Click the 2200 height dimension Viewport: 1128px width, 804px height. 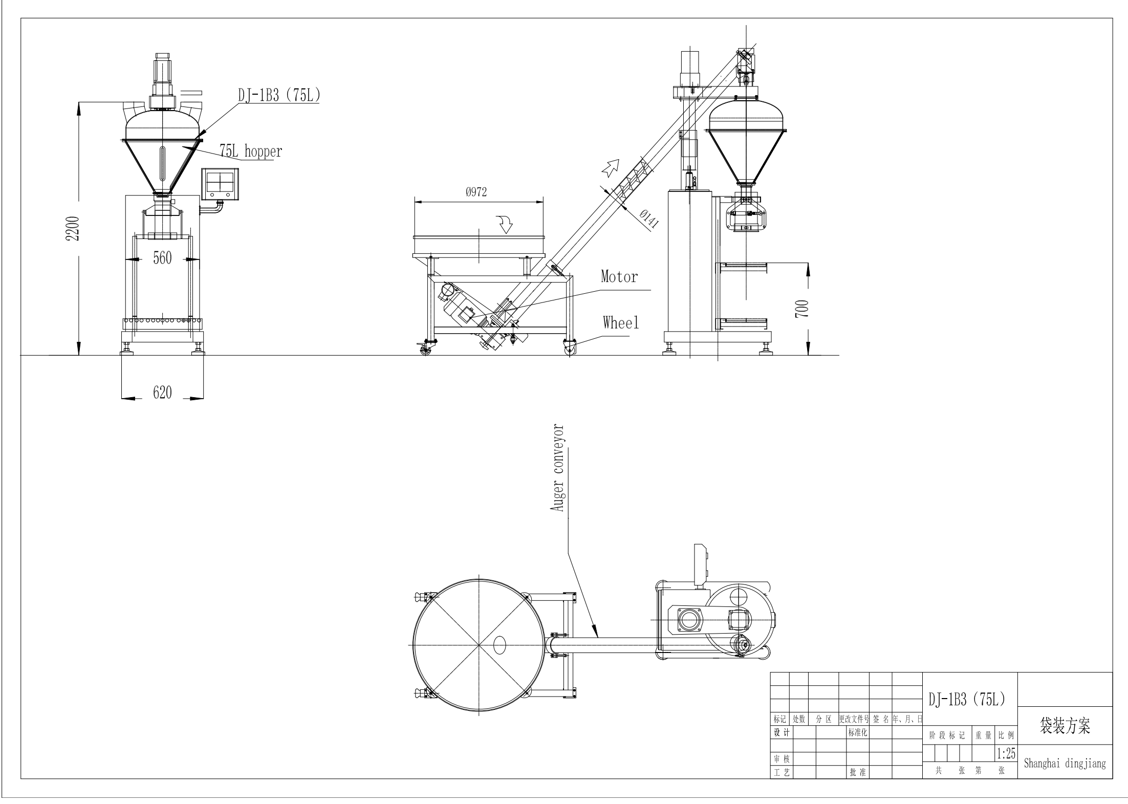tap(73, 228)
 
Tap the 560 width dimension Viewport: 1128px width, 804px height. tap(162, 258)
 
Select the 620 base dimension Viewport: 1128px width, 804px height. tap(162, 393)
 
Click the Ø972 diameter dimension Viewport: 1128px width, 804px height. tap(476, 192)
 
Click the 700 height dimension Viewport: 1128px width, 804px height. tap(802, 309)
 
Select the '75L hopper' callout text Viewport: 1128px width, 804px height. tap(251, 151)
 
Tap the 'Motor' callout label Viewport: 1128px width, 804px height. tap(619, 277)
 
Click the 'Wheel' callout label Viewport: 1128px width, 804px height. tap(620, 322)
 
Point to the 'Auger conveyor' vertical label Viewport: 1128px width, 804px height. tap(557, 468)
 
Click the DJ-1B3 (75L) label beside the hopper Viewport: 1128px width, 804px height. tap(279, 95)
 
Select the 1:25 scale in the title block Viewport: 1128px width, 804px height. tap(1006, 753)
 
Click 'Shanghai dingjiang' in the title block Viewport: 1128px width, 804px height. tap(1065, 763)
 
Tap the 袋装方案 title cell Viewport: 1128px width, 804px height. tap(1065, 726)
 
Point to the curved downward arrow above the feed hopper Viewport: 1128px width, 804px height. tap(506, 224)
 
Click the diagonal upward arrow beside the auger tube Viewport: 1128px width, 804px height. tap(610, 167)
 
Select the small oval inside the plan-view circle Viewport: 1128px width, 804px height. tap(499, 645)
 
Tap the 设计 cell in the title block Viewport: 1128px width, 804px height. tap(780, 733)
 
